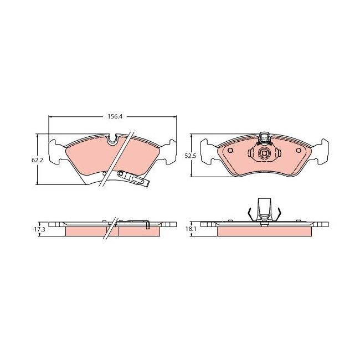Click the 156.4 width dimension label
click(115, 117)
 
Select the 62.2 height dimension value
click(37, 160)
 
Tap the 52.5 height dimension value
click(190, 156)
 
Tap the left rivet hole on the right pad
click(230, 150)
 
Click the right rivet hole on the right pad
click(299, 150)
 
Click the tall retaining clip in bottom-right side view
click(264, 209)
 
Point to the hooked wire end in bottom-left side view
click(148, 225)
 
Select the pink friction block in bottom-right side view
click(264, 232)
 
